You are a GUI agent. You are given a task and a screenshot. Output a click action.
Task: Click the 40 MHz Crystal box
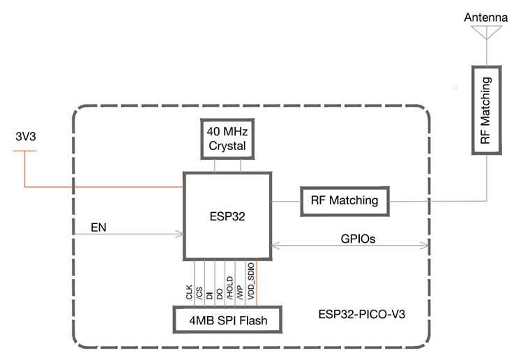[226, 137]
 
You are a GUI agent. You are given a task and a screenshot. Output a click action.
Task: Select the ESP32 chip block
[226, 216]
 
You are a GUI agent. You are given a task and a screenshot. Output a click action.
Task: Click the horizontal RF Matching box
[345, 201]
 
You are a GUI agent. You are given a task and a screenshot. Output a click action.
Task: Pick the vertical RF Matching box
[485, 110]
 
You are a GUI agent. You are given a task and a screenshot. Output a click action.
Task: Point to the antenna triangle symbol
[485, 32]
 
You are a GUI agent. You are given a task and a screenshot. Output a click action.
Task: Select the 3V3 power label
[25, 137]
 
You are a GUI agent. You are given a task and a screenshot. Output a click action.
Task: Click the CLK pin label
[189, 292]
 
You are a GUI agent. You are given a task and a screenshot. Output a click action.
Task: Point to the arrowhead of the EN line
[180, 235]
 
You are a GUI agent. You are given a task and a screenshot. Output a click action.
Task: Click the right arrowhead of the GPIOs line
[425, 245]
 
